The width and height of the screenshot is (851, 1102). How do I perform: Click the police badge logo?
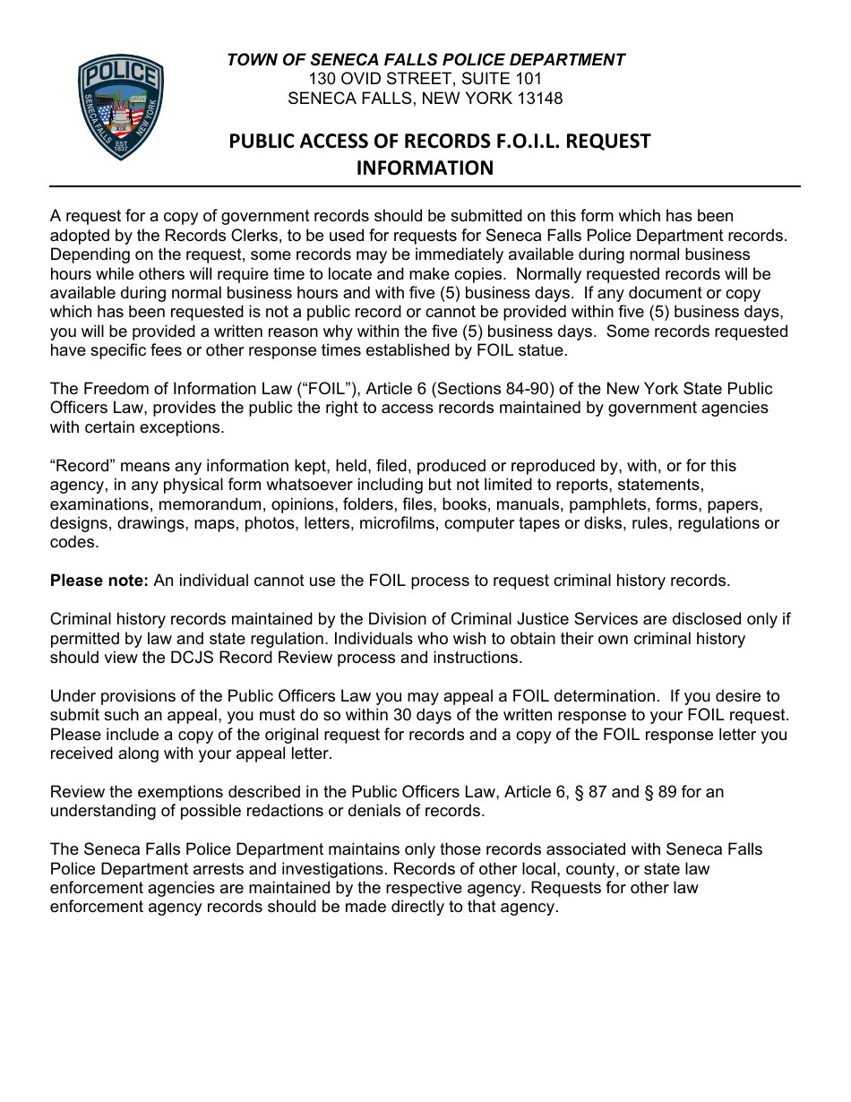tap(121, 108)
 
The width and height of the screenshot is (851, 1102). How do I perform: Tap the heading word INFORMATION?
tap(425, 168)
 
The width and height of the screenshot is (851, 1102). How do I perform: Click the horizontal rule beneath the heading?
tap(425, 186)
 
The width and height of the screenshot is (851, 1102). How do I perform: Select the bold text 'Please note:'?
tap(99, 581)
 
